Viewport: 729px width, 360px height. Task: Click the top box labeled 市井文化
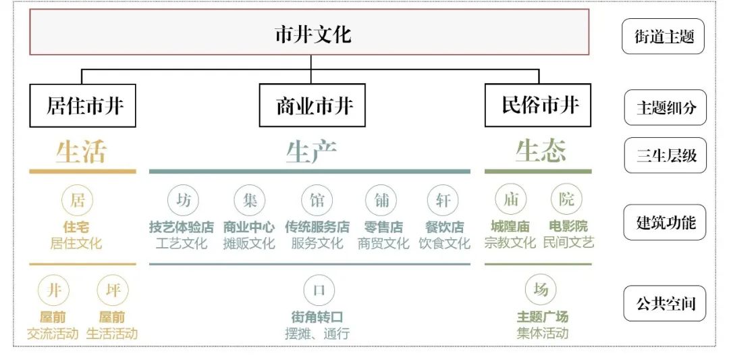point(310,32)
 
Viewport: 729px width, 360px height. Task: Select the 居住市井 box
point(82,105)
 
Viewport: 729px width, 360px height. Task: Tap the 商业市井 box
point(312,105)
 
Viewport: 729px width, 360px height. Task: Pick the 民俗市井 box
point(538,105)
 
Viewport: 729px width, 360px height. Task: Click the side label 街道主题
point(664,36)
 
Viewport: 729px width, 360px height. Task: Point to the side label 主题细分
point(665,108)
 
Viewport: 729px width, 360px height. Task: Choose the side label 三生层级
point(665,156)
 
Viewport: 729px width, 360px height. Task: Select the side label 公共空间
point(665,303)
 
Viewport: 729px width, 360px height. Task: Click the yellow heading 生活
point(81,152)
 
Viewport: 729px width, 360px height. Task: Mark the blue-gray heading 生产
point(310,152)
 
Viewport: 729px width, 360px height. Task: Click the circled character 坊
point(184,200)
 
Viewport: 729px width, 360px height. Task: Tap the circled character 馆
point(317,200)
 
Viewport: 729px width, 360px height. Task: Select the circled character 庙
point(510,199)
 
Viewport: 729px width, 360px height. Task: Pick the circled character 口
point(319,290)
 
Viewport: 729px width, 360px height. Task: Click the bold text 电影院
point(568,227)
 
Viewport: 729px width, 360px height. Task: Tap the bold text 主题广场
point(542,317)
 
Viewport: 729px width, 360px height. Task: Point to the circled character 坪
point(113,290)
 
